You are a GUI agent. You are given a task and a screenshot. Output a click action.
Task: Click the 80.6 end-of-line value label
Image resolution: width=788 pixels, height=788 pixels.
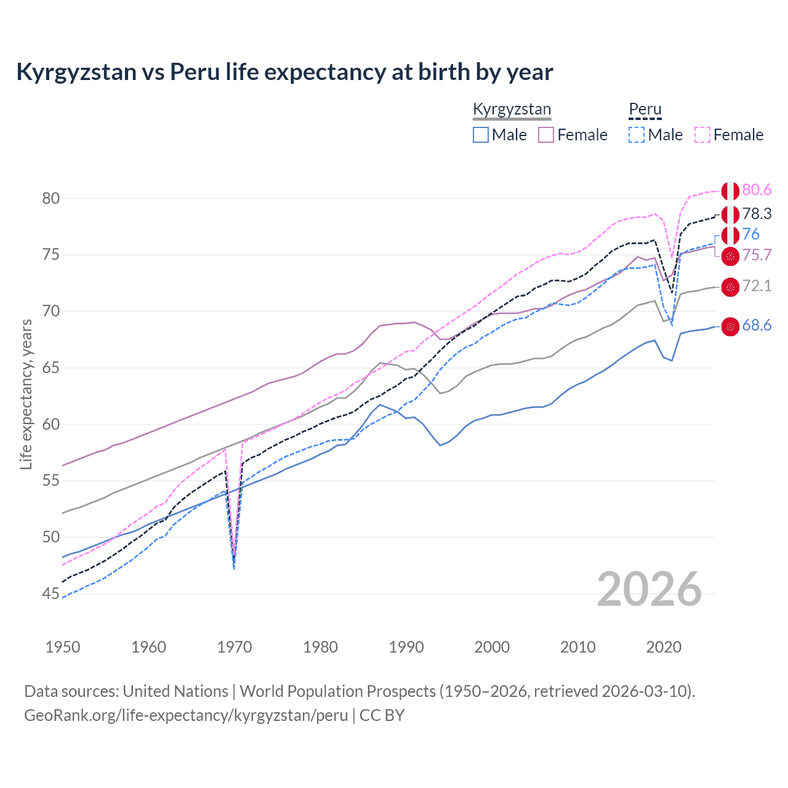pyautogui.click(x=757, y=190)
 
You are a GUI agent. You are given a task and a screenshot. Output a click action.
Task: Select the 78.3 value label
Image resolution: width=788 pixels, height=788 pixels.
pyautogui.click(x=757, y=214)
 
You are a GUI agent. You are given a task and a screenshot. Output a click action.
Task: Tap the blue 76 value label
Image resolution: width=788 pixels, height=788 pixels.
pyautogui.click(x=750, y=234)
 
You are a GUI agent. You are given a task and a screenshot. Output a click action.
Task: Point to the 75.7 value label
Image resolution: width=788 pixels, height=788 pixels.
pyautogui.click(x=757, y=255)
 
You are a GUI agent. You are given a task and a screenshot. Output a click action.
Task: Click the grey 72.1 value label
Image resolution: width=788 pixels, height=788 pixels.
pyautogui.click(x=757, y=286)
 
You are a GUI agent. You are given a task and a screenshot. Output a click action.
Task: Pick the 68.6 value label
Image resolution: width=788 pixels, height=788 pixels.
pyautogui.click(x=757, y=326)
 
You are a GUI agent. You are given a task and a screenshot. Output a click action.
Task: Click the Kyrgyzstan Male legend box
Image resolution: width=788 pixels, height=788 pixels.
pyautogui.click(x=481, y=135)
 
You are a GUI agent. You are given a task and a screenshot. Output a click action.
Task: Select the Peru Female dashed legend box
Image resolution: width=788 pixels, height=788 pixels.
pyautogui.click(x=702, y=135)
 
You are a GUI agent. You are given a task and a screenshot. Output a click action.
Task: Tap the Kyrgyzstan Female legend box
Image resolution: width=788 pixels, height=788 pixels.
pyautogui.click(x=546, y=135)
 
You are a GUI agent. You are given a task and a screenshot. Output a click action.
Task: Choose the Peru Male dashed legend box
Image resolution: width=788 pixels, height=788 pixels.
pyautogui.click(x=637, y=135)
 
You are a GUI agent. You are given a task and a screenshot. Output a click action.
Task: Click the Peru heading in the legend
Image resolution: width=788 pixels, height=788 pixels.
pyautogui.click(x=645, y=110)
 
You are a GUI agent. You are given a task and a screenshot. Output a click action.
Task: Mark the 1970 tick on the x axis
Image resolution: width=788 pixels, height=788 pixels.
pyautogui.click(x=235, y=647)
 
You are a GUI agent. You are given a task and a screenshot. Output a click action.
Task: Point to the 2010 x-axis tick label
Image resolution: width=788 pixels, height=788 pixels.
pyautogui.click(x=577, y=647)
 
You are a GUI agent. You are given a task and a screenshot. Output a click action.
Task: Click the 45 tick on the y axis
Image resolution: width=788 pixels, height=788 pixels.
pyautogui.click(x=51, y=594)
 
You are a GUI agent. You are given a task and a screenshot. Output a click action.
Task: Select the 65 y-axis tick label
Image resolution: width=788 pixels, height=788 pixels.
pyautogui.click(x=51, y=368)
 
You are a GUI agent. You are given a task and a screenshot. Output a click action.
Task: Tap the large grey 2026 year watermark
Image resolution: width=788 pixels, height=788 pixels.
pyautogui.click(x=649, y=589)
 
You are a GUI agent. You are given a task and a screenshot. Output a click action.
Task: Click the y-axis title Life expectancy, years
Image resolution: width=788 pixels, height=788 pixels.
pyautogui.click(x=26, y=394)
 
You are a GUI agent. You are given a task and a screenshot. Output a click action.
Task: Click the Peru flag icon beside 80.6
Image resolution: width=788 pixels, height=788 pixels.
pyautogui.click(x=730, y=191)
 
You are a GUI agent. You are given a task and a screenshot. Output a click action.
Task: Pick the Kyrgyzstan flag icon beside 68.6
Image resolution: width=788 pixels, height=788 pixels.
pyautogui.click(x=730, y=327)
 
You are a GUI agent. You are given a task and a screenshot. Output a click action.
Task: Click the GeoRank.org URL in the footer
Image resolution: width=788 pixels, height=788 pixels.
pyautogui.click(x=186, y=715)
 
